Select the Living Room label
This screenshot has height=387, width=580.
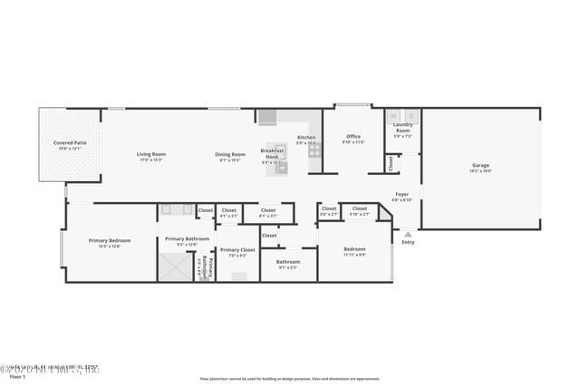point(151,154)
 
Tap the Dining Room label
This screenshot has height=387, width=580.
point(230,154)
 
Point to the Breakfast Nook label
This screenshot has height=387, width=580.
point(273,154)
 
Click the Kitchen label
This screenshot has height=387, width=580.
point(306,137)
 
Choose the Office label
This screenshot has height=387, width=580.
point(353,138)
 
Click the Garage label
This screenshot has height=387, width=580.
point(480,166)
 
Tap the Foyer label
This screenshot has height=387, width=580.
point(401,194)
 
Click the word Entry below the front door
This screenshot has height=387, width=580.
point(408,242)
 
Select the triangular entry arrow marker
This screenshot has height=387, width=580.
point(408,234)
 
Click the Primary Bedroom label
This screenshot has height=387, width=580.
point(110,240)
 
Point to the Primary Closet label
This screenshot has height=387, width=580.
point(237,249)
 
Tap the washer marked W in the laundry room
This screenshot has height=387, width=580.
point(394,116)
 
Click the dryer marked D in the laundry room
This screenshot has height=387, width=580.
point(411,116)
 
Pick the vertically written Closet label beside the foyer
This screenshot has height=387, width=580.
point(391,164)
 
